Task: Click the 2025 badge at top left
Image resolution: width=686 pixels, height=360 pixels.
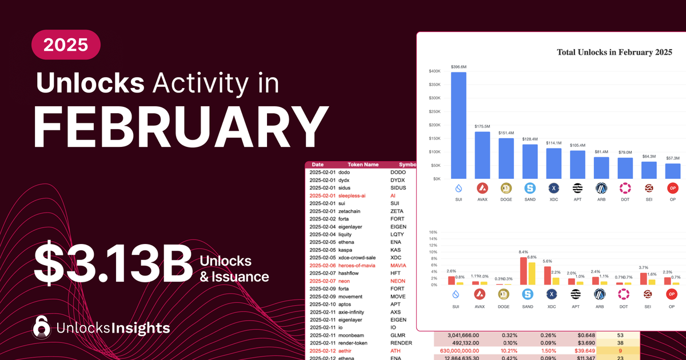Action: click(x=66, y=45)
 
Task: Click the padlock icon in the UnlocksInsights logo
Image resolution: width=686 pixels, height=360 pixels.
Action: click(x=42, y=327)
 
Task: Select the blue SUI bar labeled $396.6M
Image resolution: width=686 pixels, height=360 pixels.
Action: click(x=458, y=126)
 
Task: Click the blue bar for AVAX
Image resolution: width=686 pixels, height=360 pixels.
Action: click(x=482, y=155)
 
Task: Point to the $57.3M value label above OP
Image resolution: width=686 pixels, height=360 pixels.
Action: click(x=672, y=158)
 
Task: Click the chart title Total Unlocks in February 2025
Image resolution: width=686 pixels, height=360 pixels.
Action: click(x=614, y=52)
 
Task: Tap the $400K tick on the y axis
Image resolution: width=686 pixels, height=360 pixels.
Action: click(x=434, y=71)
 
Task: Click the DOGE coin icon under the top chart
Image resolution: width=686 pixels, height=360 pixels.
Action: click(x=506, y=188)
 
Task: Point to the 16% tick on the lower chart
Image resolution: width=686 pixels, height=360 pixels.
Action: click(x=433, y=232)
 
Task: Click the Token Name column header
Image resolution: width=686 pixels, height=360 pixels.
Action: click(x=363, y=165)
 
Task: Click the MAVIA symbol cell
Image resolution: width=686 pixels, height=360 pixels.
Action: click(x=401, y=265)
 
